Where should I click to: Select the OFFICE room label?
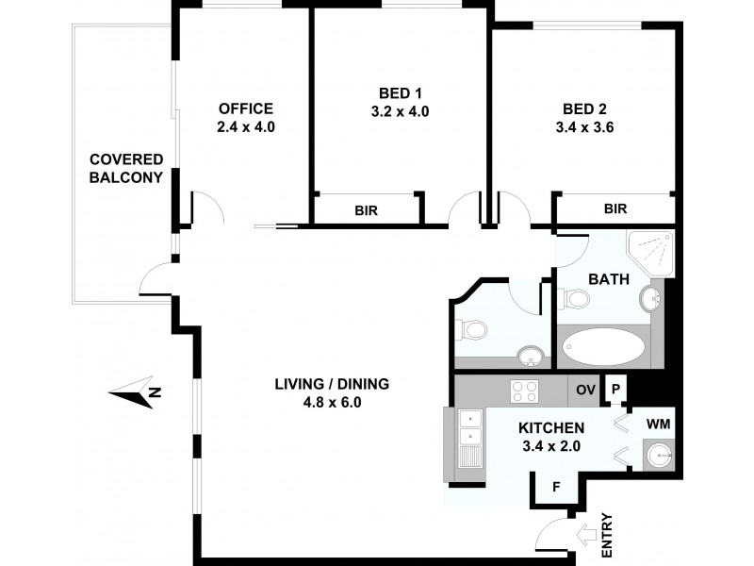pyautogui.click(x=246, y=108)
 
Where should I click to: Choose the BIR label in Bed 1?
pyautogui.click(x=367, y=211)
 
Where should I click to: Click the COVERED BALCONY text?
pyautogui.click(x=126, y=168)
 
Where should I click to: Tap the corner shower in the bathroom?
pyautogui.click(x=651, y=252)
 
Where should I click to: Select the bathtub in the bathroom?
pyautogui.click(x=604, y=348)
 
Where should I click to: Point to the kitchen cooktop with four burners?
pyautogui.click(x=523, y=389)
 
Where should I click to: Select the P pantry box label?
pyautogui.click(x=615, y=389)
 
